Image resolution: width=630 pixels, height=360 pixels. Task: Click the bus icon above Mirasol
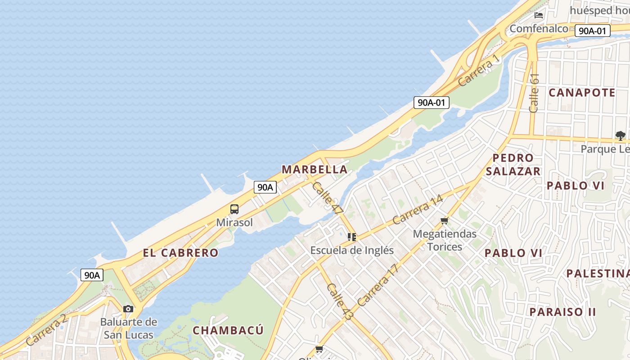point(234,209)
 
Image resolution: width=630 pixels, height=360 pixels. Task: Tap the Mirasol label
point(234,222)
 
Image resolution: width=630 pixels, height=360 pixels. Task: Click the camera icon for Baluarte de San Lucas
point(128,309)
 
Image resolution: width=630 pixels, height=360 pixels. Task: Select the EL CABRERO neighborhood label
point(180,253)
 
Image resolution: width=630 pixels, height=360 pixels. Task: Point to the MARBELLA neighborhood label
point(315,170)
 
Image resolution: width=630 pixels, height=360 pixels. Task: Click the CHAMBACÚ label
point(228,330)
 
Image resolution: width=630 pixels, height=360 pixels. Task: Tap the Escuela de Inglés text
point(352,250)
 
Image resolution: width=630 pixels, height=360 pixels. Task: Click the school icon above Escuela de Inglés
point(352,237)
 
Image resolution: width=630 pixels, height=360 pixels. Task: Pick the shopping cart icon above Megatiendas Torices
point(445,220)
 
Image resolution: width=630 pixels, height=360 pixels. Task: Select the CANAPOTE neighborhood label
point(582,93)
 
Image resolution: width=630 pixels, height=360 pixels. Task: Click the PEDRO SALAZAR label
point(513,165)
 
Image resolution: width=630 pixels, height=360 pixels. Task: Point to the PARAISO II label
point(562,312)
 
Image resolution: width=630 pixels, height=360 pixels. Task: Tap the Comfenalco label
point(539,29)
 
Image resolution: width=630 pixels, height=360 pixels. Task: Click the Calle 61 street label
point(534,93)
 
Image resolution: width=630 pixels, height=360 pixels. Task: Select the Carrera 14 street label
point(418,210)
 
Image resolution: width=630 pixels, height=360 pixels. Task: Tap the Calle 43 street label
point(340,302)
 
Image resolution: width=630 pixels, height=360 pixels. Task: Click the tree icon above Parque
point(621,135)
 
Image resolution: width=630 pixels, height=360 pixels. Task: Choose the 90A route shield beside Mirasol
point(265,187)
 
